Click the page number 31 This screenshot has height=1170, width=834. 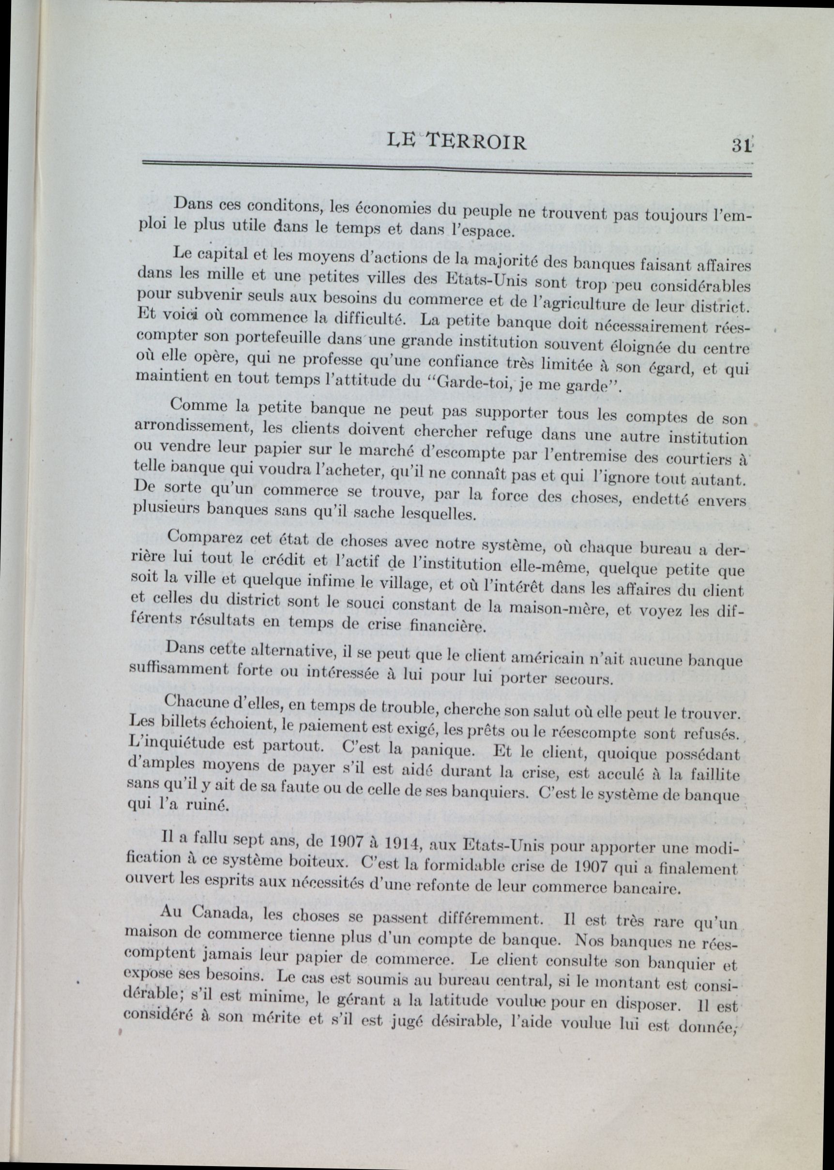click(x=741, y=145)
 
